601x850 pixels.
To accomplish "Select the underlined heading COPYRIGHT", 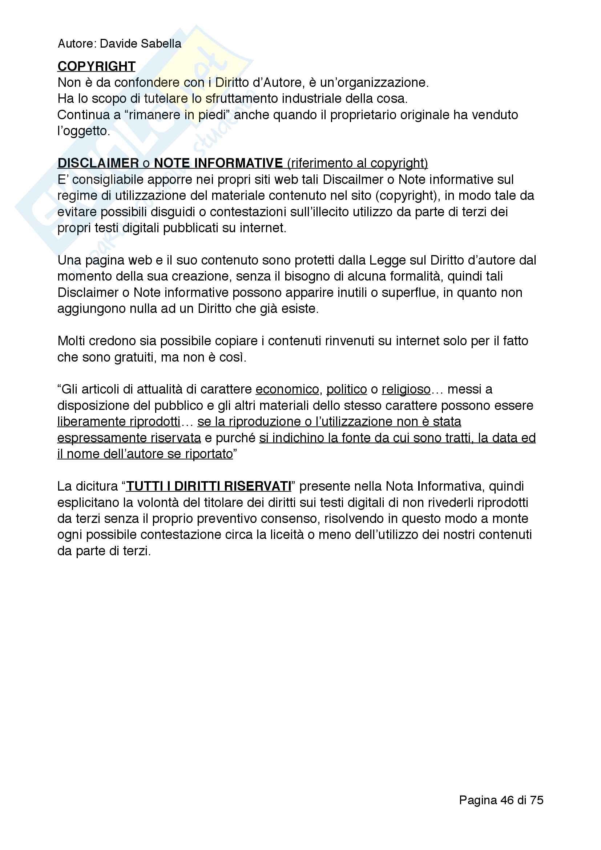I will point(97,66).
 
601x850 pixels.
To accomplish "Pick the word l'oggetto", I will point(84,131).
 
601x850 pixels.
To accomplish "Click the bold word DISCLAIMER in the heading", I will point(98,163).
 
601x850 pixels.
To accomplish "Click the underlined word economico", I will point(287,390).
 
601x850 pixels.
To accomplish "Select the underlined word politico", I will point(346,390).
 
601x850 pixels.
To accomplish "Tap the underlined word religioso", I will point(406,390).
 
